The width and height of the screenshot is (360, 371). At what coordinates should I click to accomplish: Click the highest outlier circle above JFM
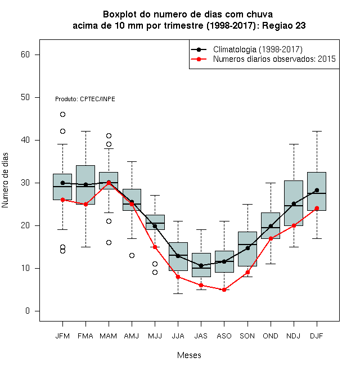coord(62,115)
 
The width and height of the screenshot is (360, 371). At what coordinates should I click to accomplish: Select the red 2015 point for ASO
coord(224,289)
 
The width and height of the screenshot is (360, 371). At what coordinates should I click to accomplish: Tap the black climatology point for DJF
coord(317,190)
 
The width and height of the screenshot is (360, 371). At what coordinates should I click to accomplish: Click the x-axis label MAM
coord(109,336)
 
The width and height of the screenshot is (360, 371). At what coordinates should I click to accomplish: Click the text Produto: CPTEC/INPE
coord(85,99)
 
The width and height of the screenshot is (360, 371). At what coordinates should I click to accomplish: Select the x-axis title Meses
coord(189,355)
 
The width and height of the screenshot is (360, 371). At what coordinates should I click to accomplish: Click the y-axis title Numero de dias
coord(5,180)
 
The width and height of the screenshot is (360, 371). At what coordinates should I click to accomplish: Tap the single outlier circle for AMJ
coord(132,256)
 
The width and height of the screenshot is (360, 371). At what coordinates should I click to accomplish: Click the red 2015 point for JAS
coord(201,286)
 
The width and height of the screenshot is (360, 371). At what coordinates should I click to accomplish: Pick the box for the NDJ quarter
coord(294,203)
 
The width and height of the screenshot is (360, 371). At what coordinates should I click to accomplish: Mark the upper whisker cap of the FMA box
coord(85,131)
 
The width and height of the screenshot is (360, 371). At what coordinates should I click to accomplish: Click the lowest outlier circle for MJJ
coord(155,272)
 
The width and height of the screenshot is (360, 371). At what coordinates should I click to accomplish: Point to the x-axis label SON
coord(247,336)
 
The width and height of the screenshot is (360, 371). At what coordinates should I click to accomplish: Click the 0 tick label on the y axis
coord(28,311)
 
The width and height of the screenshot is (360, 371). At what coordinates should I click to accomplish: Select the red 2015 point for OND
coord(271,238)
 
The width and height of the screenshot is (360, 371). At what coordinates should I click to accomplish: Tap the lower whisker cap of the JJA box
coord(178,293)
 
